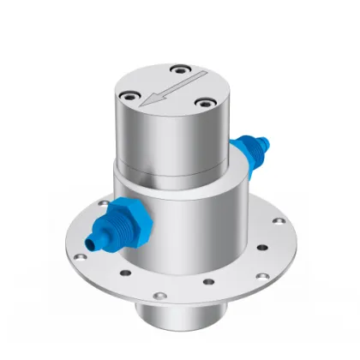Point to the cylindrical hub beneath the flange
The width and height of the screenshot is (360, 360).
(179, 318)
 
